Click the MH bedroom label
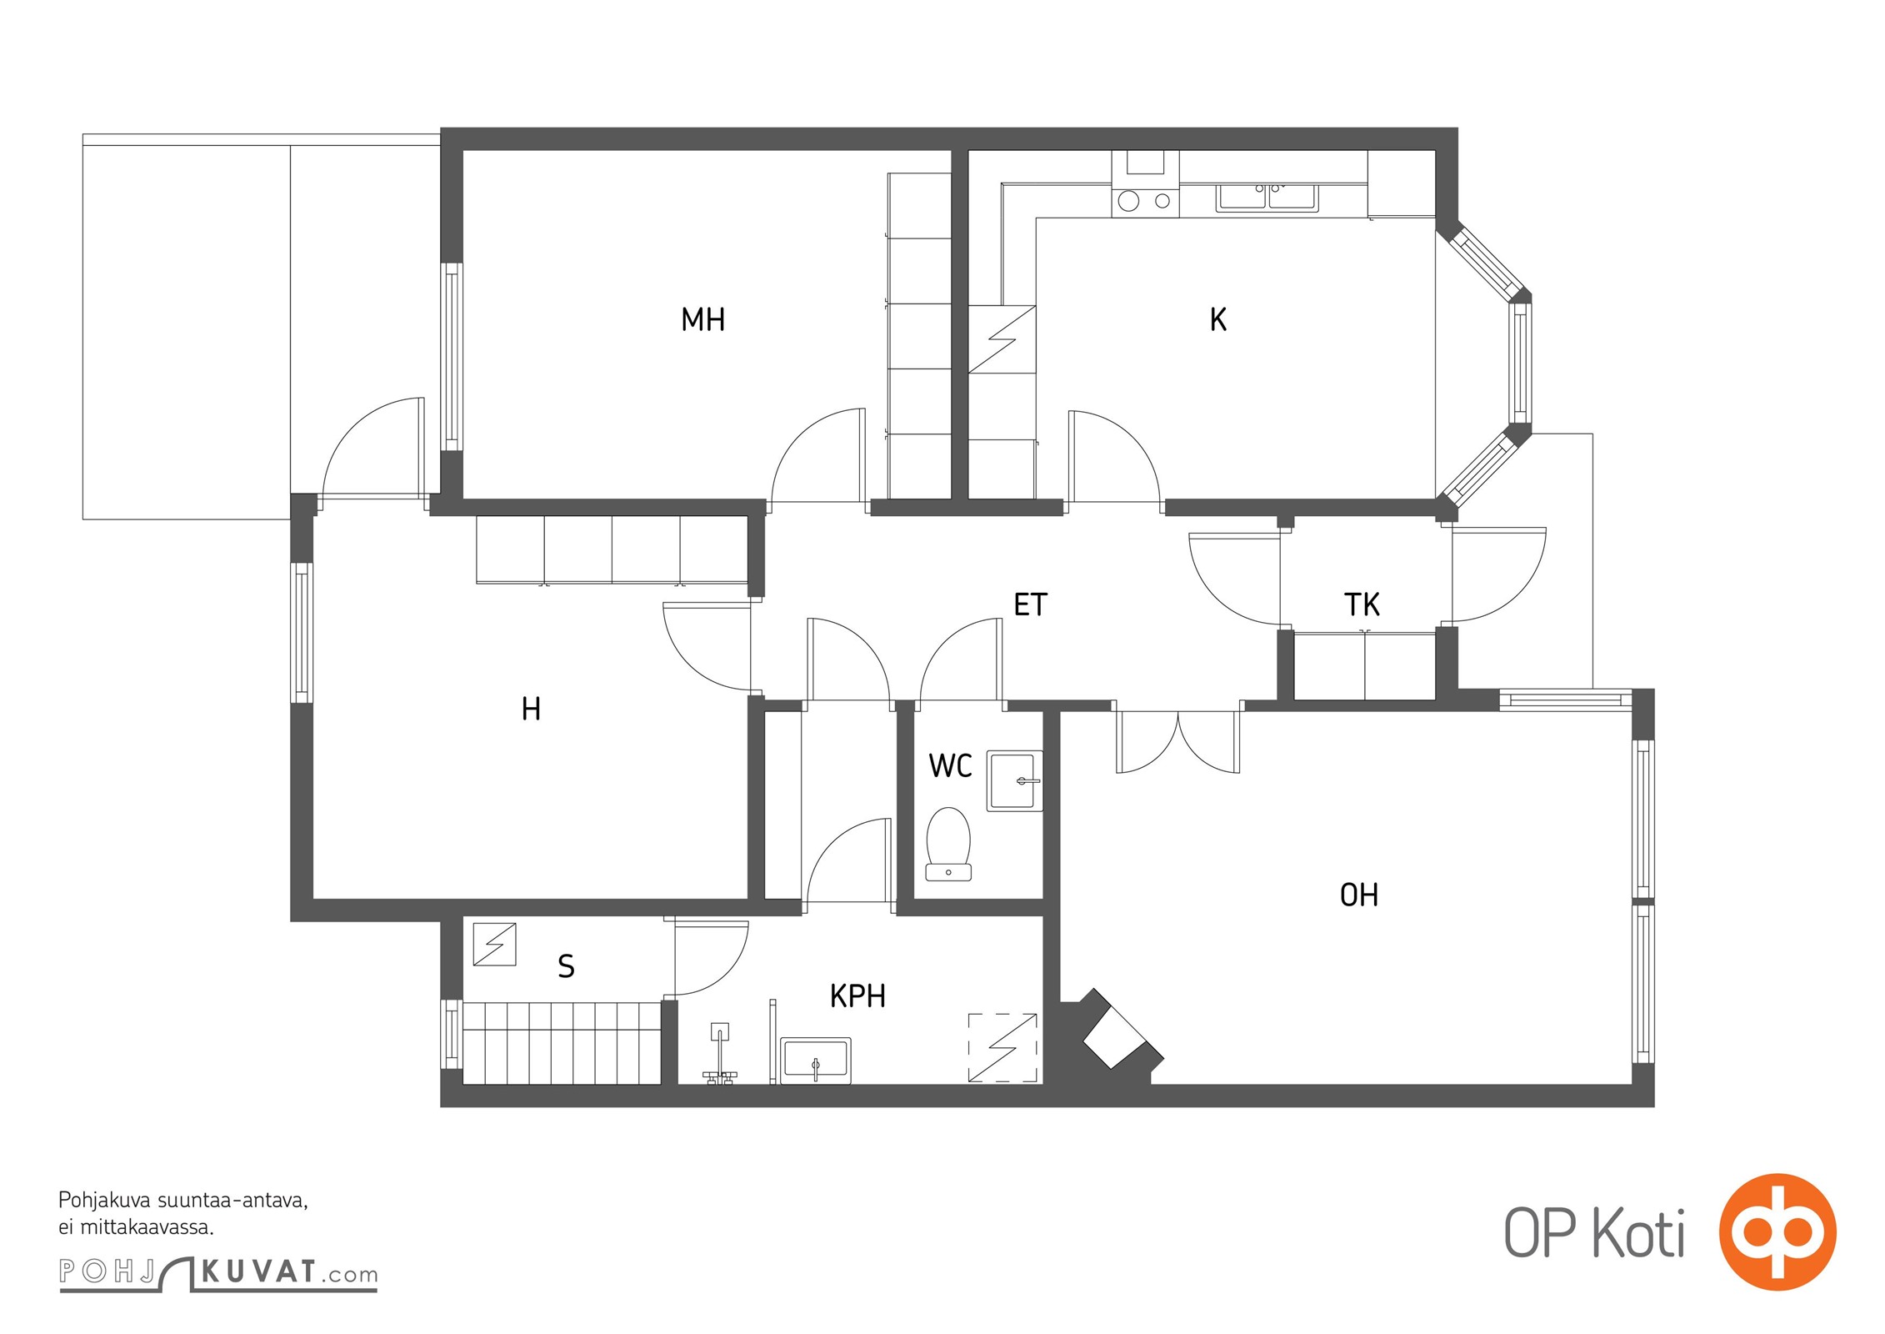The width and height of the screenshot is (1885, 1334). [x=702, y=319]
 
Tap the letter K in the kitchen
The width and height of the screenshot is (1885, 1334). [x=1217, y=319]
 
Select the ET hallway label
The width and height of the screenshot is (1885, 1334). [x=1030, y=604]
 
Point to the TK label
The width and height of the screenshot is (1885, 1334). [x=1362, y=604]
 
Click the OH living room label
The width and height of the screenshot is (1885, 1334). [x=1358, y=895]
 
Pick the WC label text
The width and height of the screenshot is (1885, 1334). [x=950, y=765]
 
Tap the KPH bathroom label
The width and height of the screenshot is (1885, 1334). [x=857, y=996]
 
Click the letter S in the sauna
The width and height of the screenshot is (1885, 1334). [x=566, y=966]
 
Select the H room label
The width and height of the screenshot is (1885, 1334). [x=531, y=709]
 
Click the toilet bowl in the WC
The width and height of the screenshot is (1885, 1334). [x=948, y=843]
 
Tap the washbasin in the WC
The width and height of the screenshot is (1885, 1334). [x=1014, y=781]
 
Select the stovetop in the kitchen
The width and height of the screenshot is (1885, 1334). [x=1145, y=200]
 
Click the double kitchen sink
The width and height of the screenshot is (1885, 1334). [x=1267, y=198]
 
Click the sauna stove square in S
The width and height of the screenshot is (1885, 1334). [x=494, y=944]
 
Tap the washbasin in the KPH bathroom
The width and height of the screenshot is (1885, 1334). [x=815, y=1060]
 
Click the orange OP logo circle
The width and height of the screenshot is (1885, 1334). [x=1777, y=1233]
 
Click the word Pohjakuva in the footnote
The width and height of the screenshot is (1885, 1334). [x=105, y=1201]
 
